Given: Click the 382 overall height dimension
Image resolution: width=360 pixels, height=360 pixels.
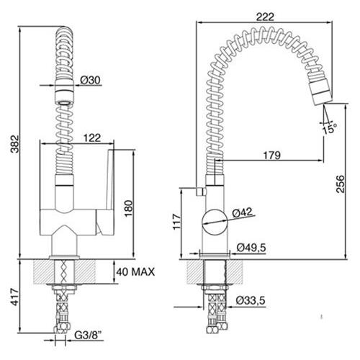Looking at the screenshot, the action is point(15,144).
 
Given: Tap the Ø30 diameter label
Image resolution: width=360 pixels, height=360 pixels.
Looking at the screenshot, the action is point(90,80).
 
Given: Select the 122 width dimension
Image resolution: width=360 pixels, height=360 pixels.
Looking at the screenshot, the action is point(92,138).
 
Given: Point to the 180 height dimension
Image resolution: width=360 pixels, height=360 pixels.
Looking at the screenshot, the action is point(129,208).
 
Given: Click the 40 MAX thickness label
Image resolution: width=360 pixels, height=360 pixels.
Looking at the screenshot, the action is point(135,272).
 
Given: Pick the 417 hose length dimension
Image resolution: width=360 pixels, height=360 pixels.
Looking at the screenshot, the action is point(15,297).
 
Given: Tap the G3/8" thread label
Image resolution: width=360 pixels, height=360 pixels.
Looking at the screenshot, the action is point(88,335).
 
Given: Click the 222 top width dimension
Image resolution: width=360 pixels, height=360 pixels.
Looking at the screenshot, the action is point(265,17).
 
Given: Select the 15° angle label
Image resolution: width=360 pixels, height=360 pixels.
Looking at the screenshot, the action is point(329,130).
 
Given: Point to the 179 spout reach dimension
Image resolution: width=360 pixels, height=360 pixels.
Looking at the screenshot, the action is point(271,156).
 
